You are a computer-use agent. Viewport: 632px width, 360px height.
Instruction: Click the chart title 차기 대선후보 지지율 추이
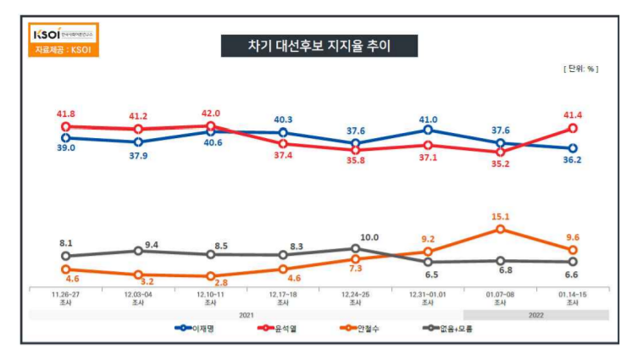(309, 46)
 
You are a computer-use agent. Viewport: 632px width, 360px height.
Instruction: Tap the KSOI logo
(64, 35)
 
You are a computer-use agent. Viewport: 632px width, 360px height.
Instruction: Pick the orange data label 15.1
(501, 215)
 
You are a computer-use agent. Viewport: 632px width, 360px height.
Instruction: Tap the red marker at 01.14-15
(573, 128)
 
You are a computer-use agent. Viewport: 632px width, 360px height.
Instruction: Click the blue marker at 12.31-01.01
(428, 130)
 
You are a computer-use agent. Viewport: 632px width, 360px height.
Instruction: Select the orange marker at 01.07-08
(501, 229)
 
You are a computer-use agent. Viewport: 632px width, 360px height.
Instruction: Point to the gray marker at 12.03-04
(138, 251)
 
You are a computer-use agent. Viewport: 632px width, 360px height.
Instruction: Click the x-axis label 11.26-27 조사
(66, 296)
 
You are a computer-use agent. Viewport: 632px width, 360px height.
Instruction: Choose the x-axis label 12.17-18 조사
(283, 296)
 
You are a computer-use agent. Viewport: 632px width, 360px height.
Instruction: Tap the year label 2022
(535, 315)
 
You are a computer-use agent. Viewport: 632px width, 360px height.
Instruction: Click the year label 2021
(246, 315)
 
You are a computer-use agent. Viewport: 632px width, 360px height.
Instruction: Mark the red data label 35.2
(501, 165)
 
